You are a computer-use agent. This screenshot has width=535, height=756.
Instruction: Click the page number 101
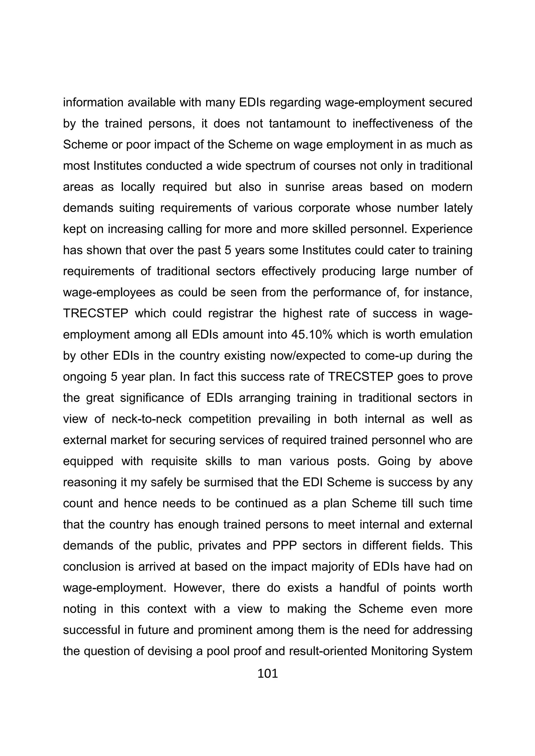[x=267, y=674]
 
